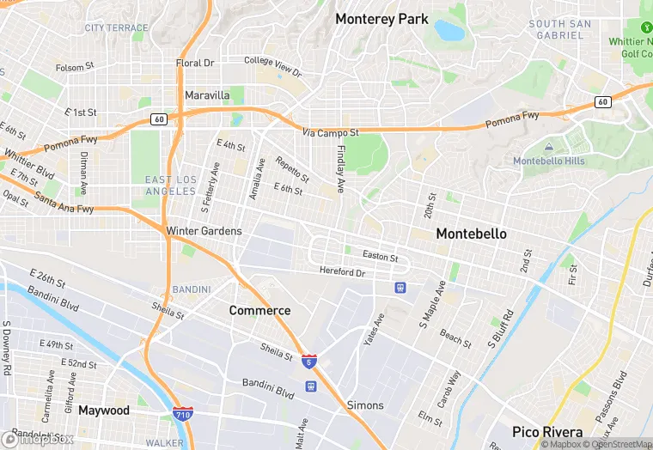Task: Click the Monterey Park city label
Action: (381, 19)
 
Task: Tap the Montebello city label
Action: (471, 234)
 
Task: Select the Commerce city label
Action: (259, 310)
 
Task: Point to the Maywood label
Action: (104, 410)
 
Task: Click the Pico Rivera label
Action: (547, 432)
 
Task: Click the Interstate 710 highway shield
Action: (182, 414)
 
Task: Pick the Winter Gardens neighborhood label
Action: (204, 231)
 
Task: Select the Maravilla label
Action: (207, 94)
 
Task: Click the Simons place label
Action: (365, 404)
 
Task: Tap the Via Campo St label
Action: (331, 133)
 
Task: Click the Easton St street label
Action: (381, 256)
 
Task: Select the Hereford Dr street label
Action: (343, 272)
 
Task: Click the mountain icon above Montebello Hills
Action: (549, 148)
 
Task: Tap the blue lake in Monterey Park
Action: (449, 31)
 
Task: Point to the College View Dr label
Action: (272, 66)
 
